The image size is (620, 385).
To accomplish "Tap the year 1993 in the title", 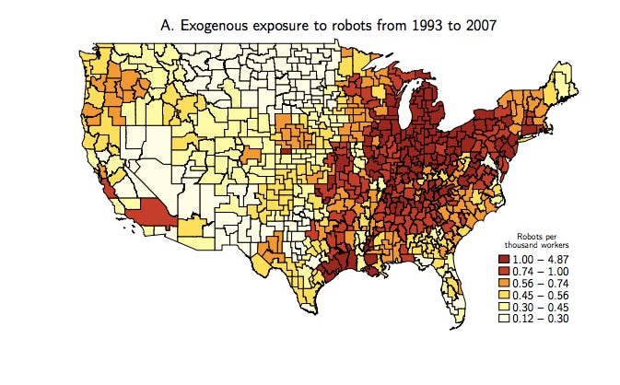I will tap(402, 25).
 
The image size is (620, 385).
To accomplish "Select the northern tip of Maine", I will tap(560, 57).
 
